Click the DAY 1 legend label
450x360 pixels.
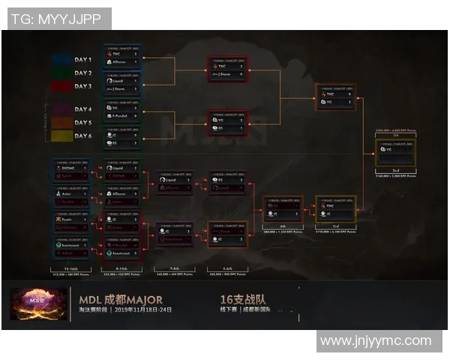point(83,59)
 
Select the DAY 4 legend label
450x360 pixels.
point(83,109)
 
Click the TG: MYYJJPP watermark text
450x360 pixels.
point(56,19)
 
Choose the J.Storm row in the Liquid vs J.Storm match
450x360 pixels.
point(121,88)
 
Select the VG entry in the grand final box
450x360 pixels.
point(393,150)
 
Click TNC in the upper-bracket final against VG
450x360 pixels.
point(334,94)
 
